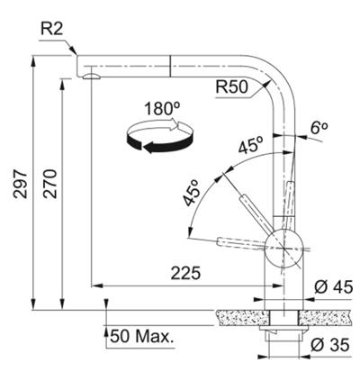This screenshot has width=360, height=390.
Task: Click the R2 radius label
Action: click(52, 29)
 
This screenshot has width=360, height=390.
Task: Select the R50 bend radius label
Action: click(232, 87)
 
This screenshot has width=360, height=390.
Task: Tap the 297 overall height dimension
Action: click(20, 184)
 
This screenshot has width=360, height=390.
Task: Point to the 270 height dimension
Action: click(49, 184)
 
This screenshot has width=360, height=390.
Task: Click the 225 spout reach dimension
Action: click(185, 273)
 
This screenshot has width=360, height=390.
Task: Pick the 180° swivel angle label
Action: click(162, 109)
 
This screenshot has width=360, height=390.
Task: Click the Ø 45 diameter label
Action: click(334, 287)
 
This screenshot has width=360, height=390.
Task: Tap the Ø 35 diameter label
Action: click(330, 345)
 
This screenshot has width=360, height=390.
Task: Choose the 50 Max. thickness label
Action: click(142, 336)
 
